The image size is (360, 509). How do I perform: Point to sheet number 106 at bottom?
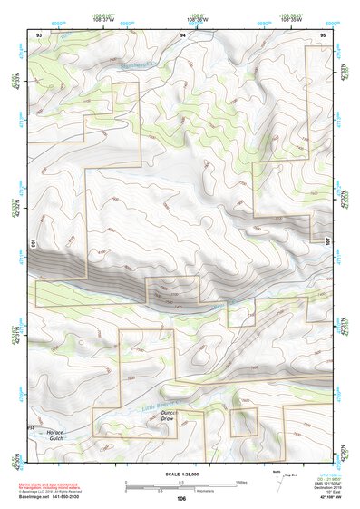coord(182,499)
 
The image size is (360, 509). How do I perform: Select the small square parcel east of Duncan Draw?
coord(242,423)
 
